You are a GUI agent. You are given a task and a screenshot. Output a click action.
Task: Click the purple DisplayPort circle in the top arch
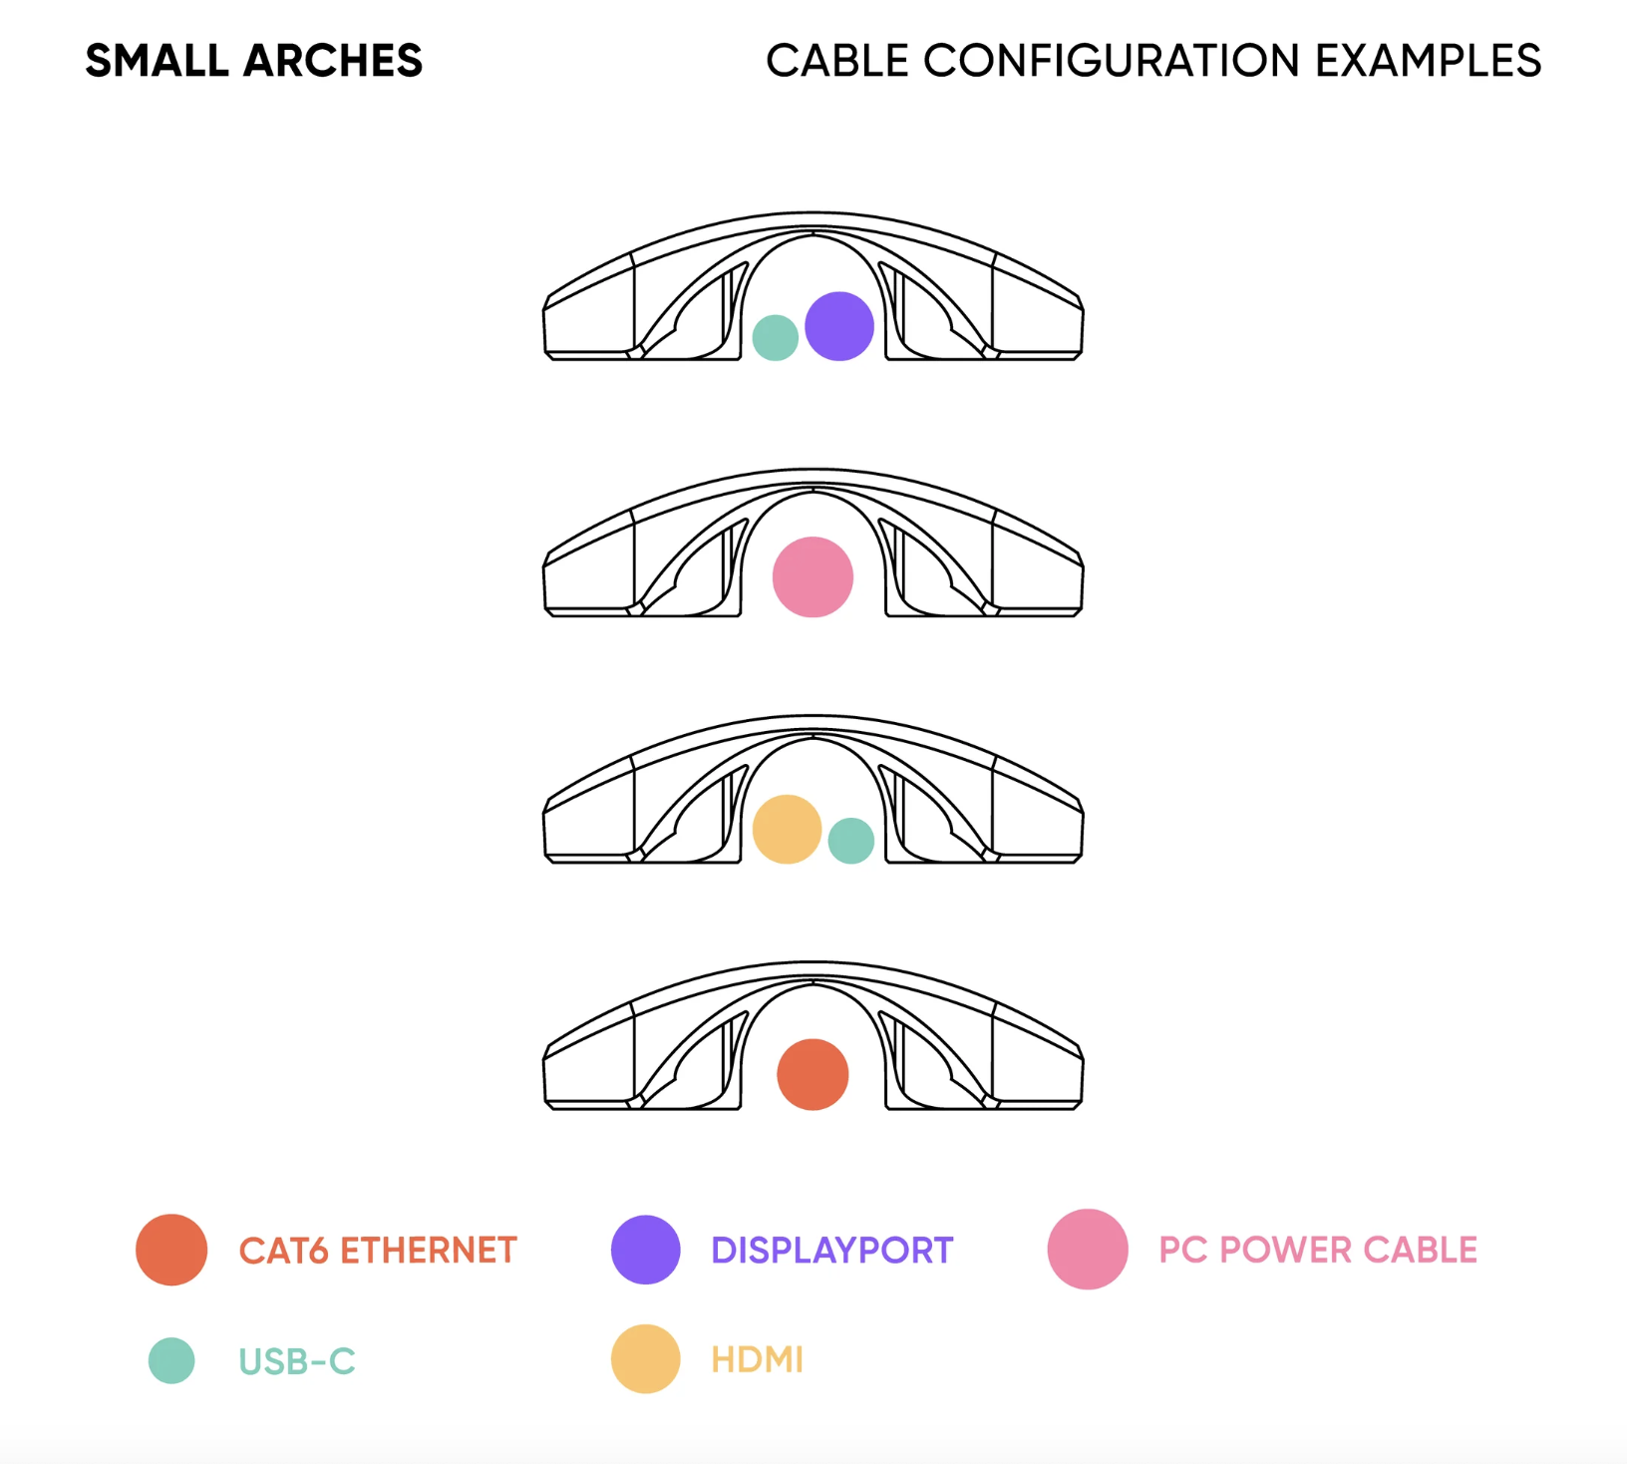point(839,326)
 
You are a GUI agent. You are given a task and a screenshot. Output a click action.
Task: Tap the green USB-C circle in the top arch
point(776,337)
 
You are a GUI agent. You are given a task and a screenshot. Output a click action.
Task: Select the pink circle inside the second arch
point(813,577)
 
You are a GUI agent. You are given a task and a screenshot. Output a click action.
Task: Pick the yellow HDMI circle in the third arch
point(787,829)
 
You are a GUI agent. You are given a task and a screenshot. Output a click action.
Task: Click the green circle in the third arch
point(851,841)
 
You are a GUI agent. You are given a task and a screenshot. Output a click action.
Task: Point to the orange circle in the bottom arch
point(813,1074)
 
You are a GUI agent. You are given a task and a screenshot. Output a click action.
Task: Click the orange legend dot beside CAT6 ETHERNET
point(171,1250)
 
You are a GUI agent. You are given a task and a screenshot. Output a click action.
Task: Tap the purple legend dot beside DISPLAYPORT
point(646,1250)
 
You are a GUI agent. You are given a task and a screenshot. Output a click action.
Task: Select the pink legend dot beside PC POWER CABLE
point(1088,1250)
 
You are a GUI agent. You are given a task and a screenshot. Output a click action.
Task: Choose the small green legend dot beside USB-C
point(171,1360)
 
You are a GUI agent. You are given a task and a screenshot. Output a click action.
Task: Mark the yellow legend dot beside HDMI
point(646,1358)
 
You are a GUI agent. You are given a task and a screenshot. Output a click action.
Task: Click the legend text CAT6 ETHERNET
point(378,1251)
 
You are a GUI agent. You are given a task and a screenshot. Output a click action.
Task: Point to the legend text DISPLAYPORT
point(832,1251)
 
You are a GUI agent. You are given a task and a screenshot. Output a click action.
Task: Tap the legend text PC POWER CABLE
point(1318,1250)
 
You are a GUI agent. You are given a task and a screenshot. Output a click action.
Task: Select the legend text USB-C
point(297,1361)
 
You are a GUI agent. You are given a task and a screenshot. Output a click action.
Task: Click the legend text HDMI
point(758,1359)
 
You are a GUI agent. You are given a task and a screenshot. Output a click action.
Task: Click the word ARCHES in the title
point(333,61)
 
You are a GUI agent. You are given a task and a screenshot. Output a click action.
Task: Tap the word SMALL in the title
point(158,61)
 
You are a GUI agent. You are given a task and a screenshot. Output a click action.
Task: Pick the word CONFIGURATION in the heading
point(1112,61)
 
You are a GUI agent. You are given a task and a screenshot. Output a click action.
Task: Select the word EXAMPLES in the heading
point(1428,61)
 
